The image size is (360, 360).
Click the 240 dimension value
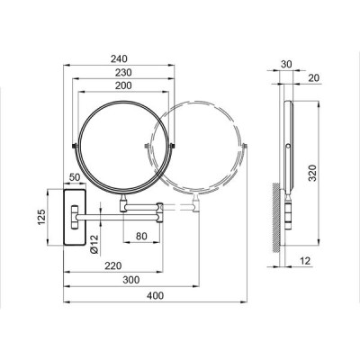point(119,58)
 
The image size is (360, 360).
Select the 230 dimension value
point(123,72)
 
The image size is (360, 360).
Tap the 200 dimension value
point(123,85)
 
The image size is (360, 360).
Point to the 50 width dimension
point(75,177)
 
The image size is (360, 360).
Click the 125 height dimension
point(41,217)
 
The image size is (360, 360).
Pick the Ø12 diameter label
point(94,245)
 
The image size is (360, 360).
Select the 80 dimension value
point(141,236)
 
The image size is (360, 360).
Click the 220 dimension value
point(113,265)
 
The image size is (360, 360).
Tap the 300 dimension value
point(131,280)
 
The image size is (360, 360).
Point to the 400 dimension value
point(155,295)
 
